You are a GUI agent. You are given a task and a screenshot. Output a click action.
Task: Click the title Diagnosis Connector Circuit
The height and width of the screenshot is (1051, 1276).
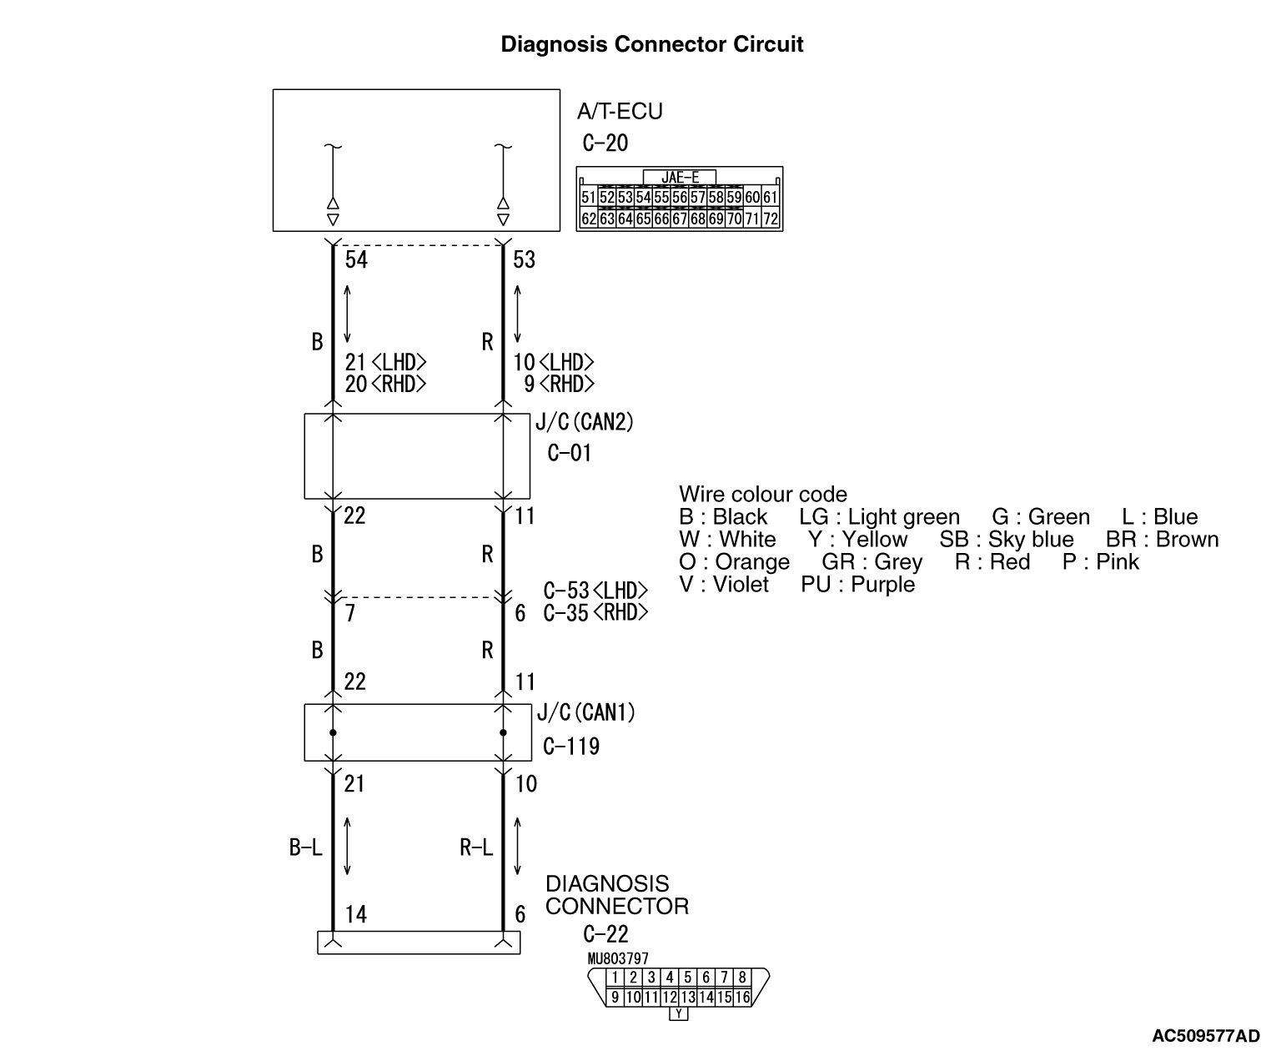[x=651, y=44]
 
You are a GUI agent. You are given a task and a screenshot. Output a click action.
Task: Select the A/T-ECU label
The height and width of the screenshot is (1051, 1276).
[x=620, y=111]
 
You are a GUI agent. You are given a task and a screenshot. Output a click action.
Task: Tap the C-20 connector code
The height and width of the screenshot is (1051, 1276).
[x=605, y=143]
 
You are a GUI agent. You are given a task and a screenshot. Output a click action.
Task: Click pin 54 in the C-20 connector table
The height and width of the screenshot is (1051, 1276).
[x=643, y=198]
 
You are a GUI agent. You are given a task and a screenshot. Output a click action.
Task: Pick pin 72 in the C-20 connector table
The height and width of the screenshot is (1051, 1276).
[x=771, y=219]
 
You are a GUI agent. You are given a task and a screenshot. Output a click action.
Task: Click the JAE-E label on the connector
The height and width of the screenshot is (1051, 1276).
[x=680, y=177]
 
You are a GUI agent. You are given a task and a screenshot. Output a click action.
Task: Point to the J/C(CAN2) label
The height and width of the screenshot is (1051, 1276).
[x=584, y=422]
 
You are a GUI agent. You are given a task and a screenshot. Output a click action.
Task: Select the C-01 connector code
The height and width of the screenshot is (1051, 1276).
[x=570, y=453]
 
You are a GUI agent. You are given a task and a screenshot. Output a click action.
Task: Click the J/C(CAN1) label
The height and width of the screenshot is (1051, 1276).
[x=586, y=712]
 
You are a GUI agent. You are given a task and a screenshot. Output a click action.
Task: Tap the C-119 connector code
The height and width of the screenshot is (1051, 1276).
[x=571, y=746]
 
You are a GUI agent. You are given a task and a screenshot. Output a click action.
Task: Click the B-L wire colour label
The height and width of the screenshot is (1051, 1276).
[x=305, y=848]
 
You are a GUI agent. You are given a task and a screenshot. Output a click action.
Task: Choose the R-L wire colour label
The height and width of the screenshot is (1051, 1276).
[x=476, y=848]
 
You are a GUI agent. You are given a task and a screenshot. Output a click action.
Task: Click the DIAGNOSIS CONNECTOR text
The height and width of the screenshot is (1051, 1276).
[x=617, y=895]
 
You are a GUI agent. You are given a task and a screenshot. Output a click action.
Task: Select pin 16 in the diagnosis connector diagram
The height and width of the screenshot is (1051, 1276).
[x=742, y=997]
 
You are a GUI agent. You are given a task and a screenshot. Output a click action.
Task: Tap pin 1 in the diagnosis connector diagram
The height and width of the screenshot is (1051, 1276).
[x=615, y=978]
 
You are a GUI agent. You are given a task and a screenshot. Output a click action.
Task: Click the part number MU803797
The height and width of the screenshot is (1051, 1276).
[x=618, y=959]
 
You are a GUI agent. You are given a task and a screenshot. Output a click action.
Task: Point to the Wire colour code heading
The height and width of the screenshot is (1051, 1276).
[x=762, y=494]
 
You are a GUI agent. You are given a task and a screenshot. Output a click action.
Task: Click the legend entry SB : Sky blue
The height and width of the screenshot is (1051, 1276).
[x=1007, y=540]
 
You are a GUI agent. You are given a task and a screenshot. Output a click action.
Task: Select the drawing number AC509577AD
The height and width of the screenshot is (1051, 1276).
[x=1205, y=1036]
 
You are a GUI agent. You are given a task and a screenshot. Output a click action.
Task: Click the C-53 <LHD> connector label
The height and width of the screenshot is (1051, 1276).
[x=595, y=591]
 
